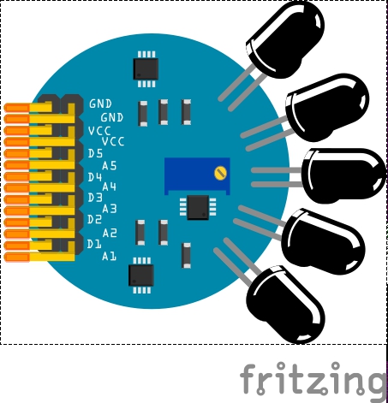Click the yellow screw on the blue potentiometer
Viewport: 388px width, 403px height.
[x=220, y=173]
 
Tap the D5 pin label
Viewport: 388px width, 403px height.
[x=95, y=154]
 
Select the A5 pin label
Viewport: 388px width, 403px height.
[x=110, y=165]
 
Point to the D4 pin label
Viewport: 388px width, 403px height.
[x=95, y=177]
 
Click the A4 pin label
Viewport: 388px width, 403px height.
[x=110, y=187]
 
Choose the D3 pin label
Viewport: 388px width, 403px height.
[x=95, y=198]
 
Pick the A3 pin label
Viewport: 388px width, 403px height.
[x=110, y=209]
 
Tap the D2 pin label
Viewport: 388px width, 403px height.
[x=94, y=219]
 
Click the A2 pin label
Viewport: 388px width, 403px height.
[x=110, y=233]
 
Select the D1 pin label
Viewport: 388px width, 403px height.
[x=94, y=244]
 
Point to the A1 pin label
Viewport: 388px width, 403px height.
[x=109, y=257]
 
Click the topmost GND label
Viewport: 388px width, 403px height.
[x=100, y=104]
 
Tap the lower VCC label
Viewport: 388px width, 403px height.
[x=113, y=141]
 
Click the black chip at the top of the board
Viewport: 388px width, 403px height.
[x=146, y=69]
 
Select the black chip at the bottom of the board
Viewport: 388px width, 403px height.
[x=141, y=276]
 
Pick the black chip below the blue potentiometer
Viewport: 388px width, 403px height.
[x=198, y=207]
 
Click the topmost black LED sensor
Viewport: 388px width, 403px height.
[x=285, y=40]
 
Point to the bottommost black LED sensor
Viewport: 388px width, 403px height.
[x=285, y=305]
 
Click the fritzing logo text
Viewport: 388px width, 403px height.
[x=313, y=379]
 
